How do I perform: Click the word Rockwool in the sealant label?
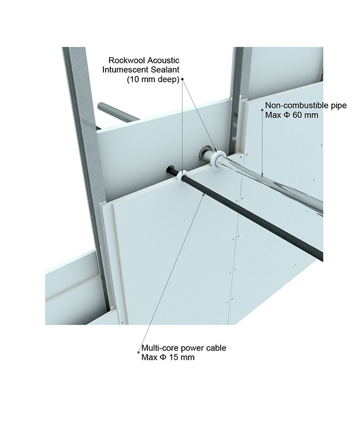(x=129, y=60)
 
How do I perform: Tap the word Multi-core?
(x=157, y=348)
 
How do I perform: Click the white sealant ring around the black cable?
(x=181, y=177)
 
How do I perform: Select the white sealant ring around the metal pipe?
(x=217, y=159)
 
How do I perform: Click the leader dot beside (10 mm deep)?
(x=182, y=79)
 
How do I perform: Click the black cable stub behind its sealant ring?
(x=172, y=171)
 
